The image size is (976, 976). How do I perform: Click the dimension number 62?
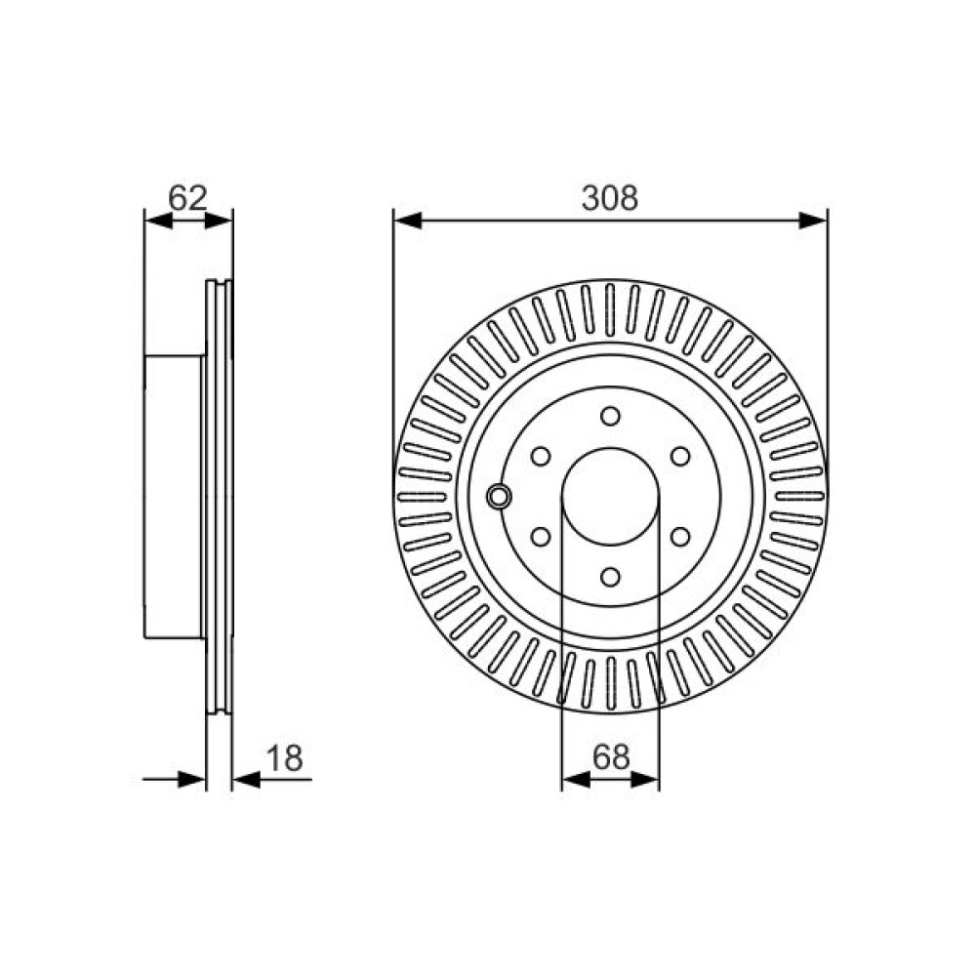click(x=187, y=198)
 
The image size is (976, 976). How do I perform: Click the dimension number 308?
click(x=610, y=198)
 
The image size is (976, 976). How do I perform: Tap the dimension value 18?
click(x=284, y=758)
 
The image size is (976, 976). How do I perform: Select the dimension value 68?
click(x=611, y=757)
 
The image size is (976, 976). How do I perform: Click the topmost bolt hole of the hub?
click(x=611, y=416)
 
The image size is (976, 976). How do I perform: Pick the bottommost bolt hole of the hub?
click(x=611, y=577)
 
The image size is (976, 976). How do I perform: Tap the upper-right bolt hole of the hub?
click(x=680, y=456)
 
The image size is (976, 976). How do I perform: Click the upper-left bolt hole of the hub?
click(x=541, y=456)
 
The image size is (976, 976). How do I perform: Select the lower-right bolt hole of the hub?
click(x=680, y=536)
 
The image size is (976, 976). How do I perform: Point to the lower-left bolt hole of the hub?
click(x=541, y=536)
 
